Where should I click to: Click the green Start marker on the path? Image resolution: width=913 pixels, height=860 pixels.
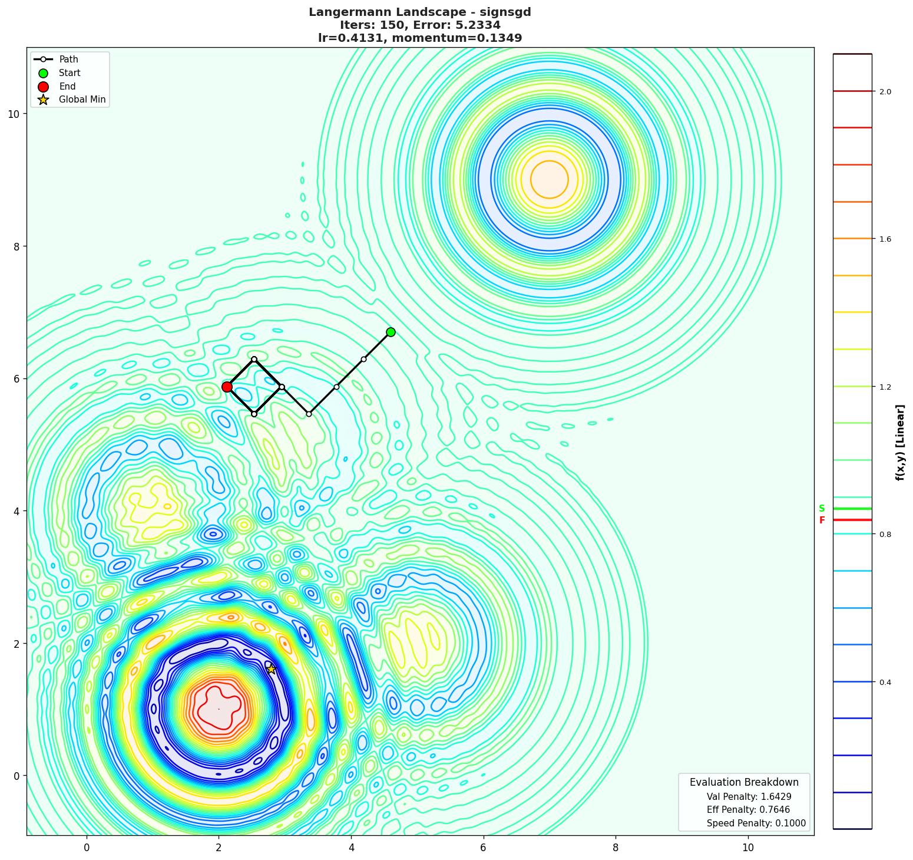point(391,332)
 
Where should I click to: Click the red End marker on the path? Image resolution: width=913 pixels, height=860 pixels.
point(227,387)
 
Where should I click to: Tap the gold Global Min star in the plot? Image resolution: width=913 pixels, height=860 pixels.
point(271,669)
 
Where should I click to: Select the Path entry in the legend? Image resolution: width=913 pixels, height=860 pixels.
point(68,60)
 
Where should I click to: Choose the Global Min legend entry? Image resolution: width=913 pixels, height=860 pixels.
point(82,100)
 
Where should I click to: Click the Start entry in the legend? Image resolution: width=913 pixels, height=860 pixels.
point(70,73)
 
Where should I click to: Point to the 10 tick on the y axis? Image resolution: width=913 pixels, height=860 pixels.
point(14,114)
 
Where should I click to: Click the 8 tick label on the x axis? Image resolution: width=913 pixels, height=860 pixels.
point(616,848)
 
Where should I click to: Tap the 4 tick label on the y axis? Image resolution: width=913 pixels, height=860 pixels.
point(16,511)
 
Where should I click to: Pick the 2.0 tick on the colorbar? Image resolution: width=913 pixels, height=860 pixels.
point(885,91)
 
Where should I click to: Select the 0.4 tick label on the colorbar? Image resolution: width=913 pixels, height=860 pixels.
point(885,683)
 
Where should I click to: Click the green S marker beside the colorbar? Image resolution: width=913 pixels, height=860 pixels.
point(822,509)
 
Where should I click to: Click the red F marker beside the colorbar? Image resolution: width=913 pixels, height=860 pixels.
point(822,520)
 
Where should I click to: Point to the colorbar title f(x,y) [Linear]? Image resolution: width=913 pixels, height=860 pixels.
point(900,442)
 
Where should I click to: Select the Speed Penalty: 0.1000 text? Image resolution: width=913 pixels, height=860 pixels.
point(756,823)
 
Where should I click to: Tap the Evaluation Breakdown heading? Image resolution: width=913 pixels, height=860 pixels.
point(744,782)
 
